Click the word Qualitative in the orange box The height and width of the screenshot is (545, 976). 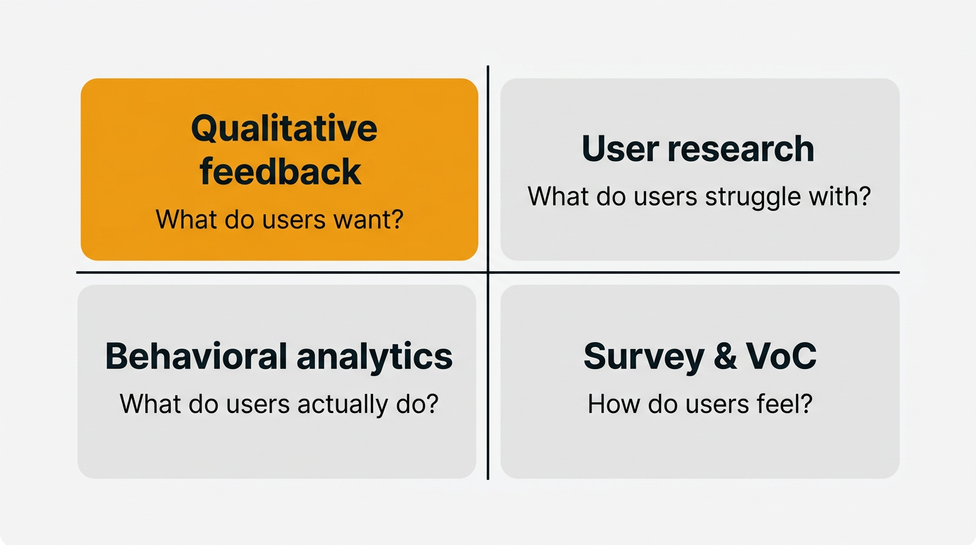click(284, 129)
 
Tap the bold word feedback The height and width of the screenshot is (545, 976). click(281, 172)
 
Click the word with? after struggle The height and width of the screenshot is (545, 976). click(843, 196)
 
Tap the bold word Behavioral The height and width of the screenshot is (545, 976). click(196, 356)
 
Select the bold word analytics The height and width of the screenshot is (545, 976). click(374, 356)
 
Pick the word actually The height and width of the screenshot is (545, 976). click(340, 404)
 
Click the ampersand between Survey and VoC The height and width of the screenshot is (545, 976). click(725, 356)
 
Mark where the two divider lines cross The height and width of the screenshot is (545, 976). click(488, 272)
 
